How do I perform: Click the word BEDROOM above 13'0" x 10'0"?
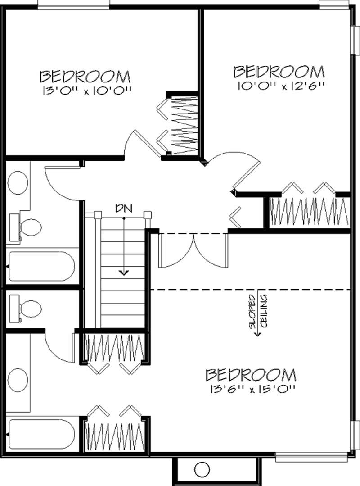(85, 75)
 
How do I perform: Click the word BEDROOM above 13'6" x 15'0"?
(251, 375)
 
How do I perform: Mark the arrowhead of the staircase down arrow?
(124, 273)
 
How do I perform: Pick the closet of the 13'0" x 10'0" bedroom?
(182, 123)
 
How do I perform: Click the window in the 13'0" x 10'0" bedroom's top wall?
(73, 5)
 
